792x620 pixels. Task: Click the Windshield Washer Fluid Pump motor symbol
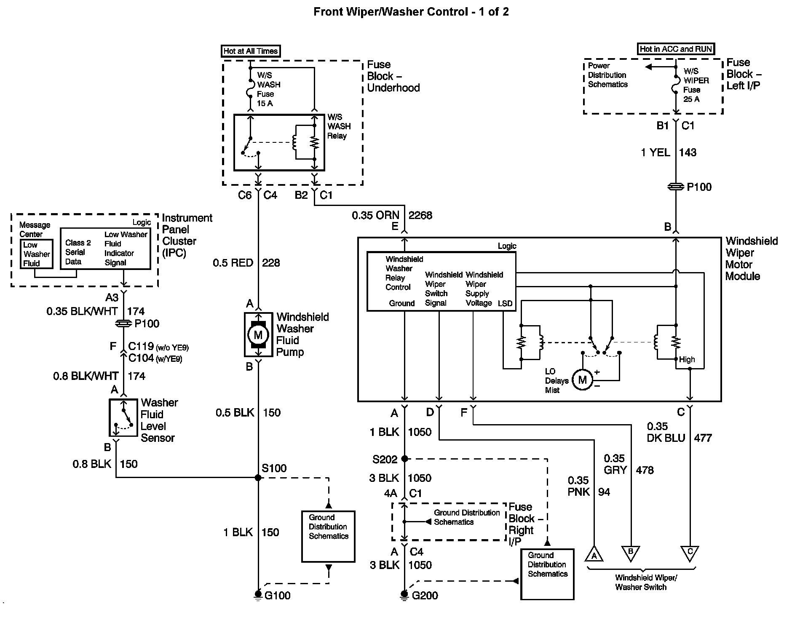(x=258, y=335)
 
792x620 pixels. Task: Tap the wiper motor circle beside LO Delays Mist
(x=582, y=380)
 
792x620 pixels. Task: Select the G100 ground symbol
(x=258, y=595)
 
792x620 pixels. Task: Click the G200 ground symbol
(x=404, y=595)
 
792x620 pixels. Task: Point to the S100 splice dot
(x=258, y=478)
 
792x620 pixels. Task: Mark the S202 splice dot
(x=404, y=459)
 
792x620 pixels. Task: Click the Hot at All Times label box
(x=251, y=51)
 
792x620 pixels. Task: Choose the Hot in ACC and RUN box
(x=676, y=49)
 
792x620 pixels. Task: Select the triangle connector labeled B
(x=631, y=553)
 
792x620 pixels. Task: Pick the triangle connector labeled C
(x=690, y=553)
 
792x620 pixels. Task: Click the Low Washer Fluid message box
(x=37, y=254)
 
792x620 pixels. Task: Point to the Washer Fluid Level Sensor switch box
(x=123, y=417)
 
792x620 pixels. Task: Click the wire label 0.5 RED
(x=233, y=263)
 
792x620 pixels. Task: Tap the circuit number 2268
(x=420, y=216)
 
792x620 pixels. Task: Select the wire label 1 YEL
(x=656, y=152)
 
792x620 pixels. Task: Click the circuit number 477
(x=703, y=438)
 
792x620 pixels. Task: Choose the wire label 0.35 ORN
(x=375, y=216)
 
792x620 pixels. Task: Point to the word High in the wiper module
(x=687, y=360)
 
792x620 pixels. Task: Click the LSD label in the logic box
(x=505, y=303)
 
